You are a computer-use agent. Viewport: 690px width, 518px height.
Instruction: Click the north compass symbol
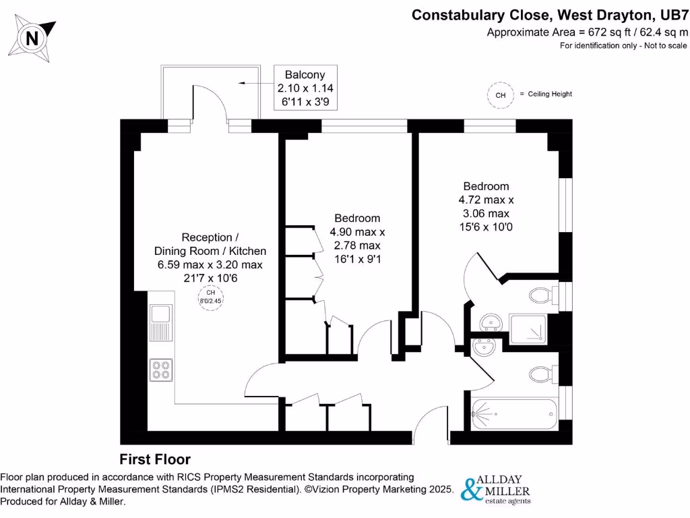point(32,37)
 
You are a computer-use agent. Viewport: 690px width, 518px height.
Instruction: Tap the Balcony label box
point(305,88)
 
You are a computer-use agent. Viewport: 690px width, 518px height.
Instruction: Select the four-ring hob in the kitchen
point(161,368)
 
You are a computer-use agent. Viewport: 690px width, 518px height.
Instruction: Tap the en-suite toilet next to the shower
point(542,295)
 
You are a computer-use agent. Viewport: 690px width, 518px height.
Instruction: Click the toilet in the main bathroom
point(542,373)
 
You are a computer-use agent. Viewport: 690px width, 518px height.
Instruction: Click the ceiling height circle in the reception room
point(210,296)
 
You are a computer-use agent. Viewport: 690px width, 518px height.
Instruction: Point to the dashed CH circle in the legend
point(500,95)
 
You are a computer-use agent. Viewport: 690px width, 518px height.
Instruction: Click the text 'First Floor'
point(155,459)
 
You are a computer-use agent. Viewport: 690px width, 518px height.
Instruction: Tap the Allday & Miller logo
point(497,489)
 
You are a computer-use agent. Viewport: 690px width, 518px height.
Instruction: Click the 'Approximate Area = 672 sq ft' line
point(586,32)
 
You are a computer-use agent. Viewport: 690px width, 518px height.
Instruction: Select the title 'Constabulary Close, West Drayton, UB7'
point(550,14)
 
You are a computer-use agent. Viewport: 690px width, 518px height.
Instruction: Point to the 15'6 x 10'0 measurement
point(486,227)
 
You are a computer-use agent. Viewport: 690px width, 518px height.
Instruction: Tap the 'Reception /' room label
point(210,237)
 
